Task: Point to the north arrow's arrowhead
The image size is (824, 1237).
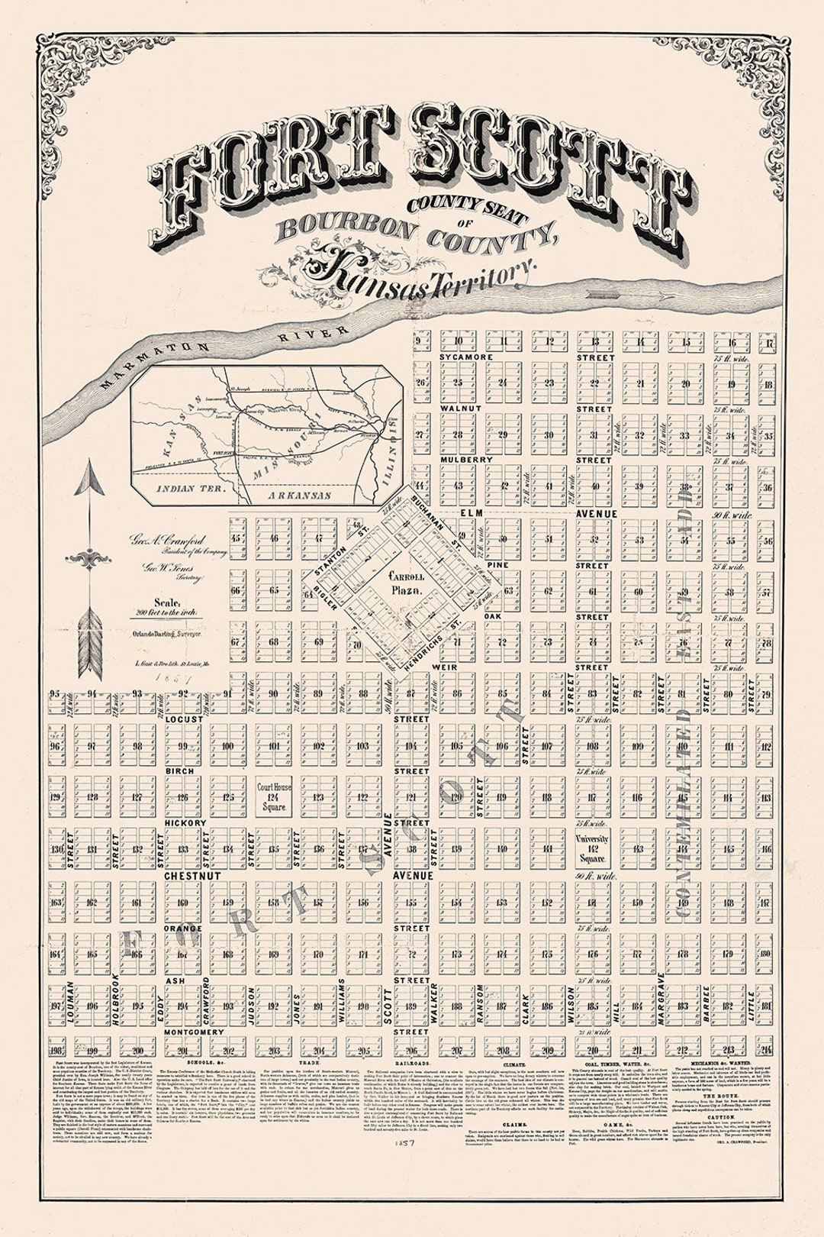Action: (x=89, y=480)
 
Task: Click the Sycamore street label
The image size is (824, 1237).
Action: (x=466, y=357)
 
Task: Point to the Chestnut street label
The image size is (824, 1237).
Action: (x=192, y=876)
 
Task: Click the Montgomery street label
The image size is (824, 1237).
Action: (x=194, y=1032)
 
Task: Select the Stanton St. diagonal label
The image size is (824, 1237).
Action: (x=346, y=559)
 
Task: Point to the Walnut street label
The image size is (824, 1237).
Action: (x=461, y=409)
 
